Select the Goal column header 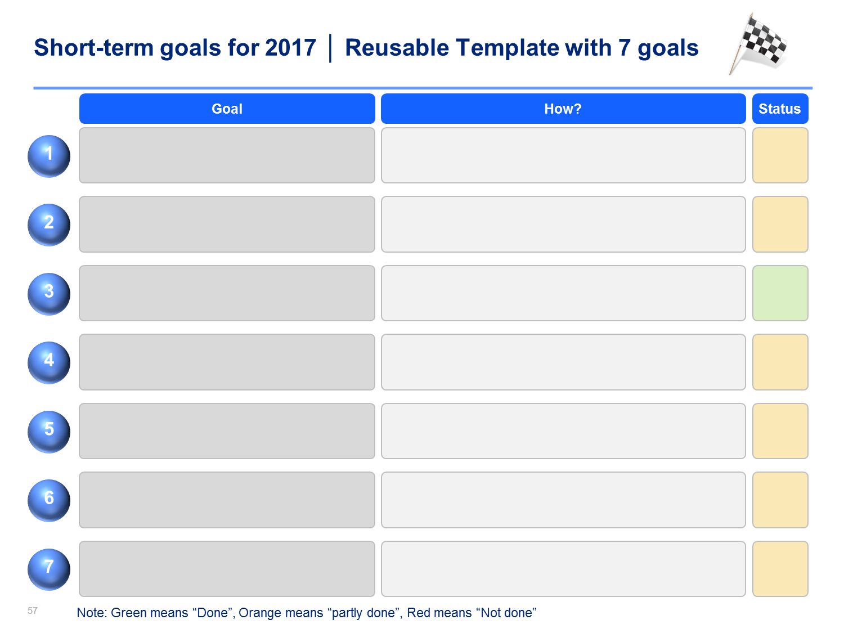coord(227,109)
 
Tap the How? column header coord(563,109)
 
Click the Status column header coord(780,109)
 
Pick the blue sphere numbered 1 coord(49,156)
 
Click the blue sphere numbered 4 coord(49,362)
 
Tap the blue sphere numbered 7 coord(49,569)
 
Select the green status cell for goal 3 coord(780,293)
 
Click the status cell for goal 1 coord(780,155)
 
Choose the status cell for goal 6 coord(780,500)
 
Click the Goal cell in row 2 coord(227,224)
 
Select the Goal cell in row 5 coord(227,431)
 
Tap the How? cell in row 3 coord(563,293)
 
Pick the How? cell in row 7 coord(563,569)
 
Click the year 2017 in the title coord(290,48)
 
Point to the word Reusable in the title coord(397,48)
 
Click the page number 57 coord(32,610)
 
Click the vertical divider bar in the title coord(330,48)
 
